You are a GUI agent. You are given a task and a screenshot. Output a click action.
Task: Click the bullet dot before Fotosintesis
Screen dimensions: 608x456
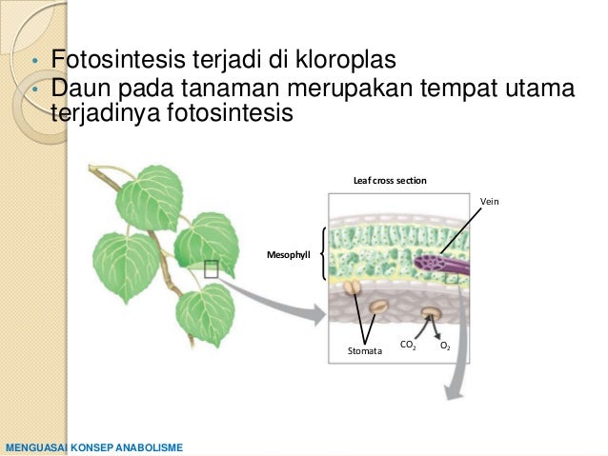[x=32, y=64]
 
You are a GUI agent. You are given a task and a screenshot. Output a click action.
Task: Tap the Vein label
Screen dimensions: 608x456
[x=490, y=202]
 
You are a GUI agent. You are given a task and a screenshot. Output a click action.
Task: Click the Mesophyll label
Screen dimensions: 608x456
[x=292, y=255]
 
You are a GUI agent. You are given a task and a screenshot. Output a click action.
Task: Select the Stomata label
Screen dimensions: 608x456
[x=364, y=351]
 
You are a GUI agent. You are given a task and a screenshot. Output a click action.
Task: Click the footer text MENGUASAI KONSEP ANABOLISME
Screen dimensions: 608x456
[x=93, y=446]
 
